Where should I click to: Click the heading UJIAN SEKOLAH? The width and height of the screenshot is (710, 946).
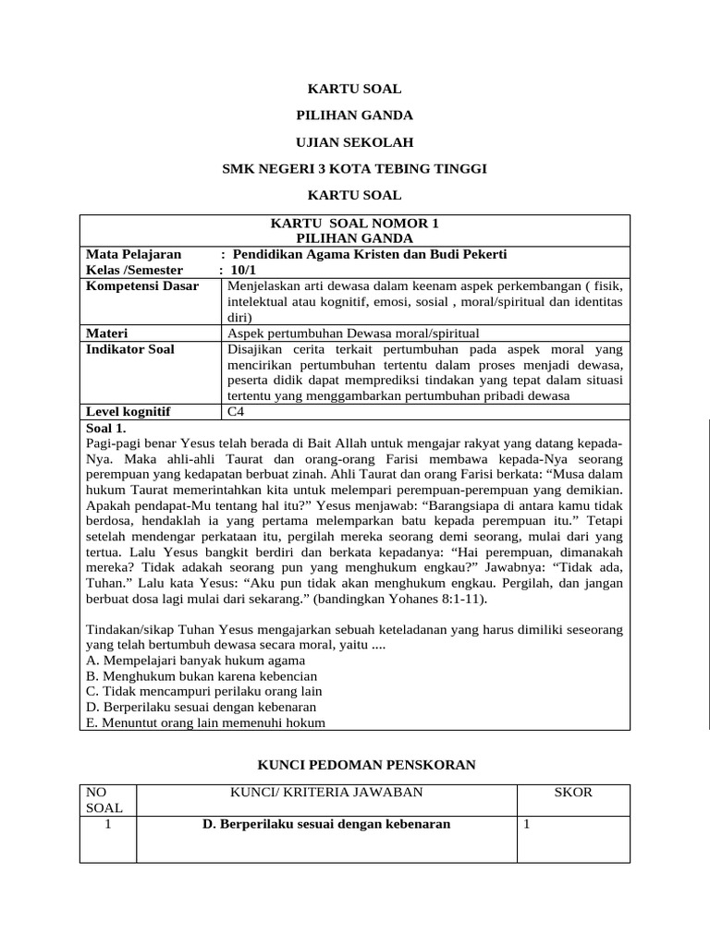click(x=355, y=142)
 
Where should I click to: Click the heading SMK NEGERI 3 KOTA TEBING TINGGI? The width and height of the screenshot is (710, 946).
click(x=355, y=168)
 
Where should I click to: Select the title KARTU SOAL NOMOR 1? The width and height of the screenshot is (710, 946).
click(x=355, y=224)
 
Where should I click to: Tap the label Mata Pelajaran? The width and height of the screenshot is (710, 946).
click(x=134, y=254)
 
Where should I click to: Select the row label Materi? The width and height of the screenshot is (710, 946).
click(x=107, y=334)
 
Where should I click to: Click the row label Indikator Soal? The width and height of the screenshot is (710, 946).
click(x=130, y=349)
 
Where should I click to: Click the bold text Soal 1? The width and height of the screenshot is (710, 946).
click(x=105, y=429)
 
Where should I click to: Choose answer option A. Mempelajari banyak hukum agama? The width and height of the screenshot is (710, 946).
click(x=195, y=661)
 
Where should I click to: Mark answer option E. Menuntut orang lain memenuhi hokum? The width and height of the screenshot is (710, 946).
click(x=205, y=723)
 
